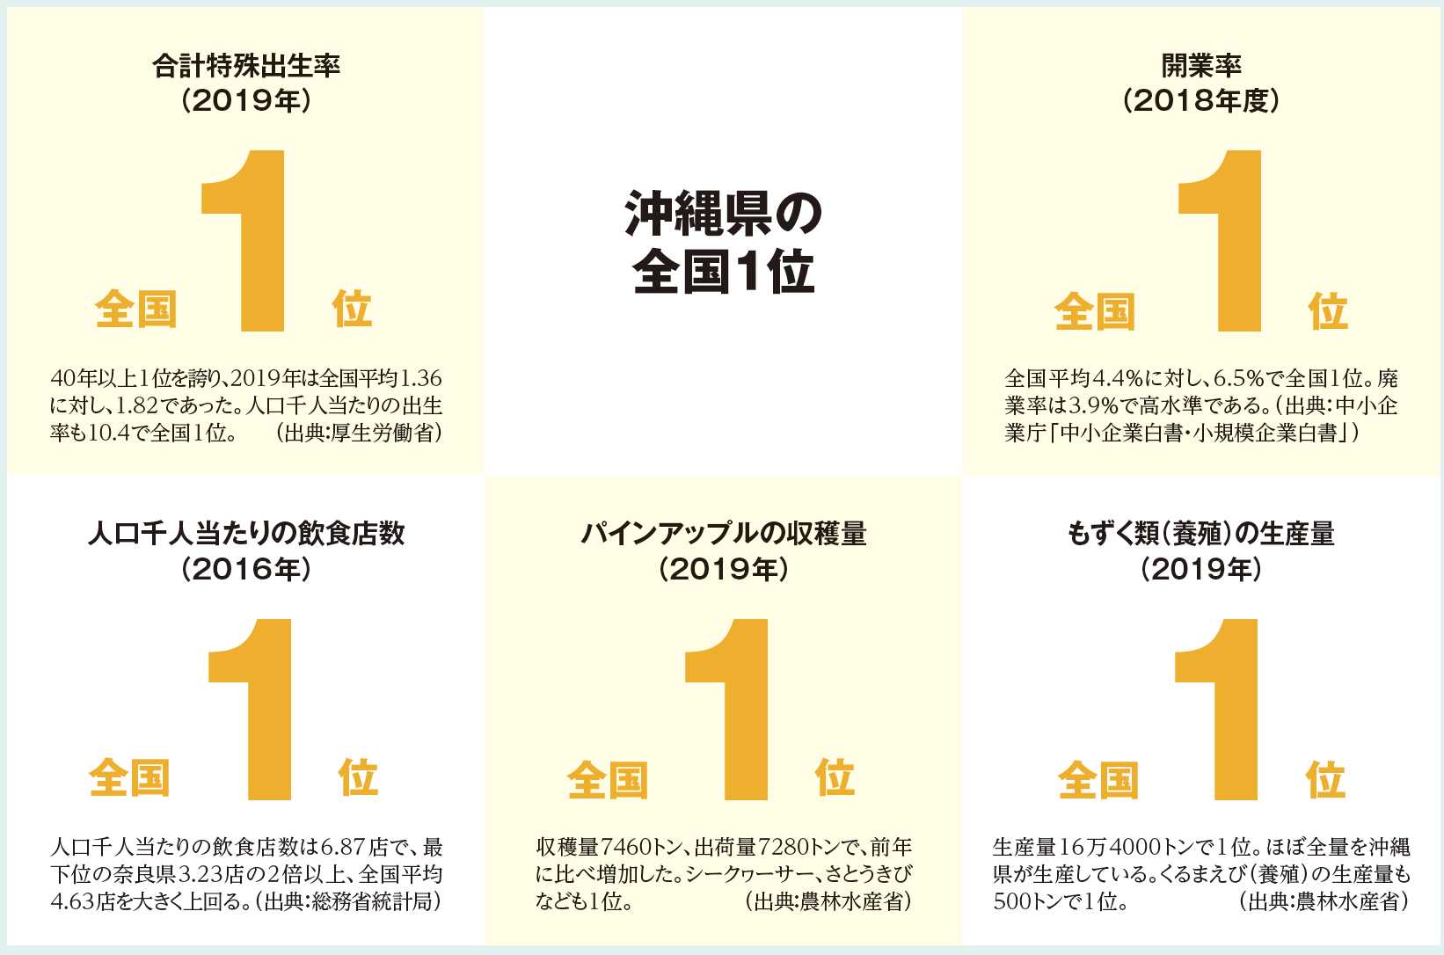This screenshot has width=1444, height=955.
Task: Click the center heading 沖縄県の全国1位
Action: pyautogui.click(x=723, y=242)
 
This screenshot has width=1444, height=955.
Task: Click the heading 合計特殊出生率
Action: pyautogui.click(x=246, y=66)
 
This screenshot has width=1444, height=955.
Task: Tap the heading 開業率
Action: pyautogui.click(x=1201, y=66)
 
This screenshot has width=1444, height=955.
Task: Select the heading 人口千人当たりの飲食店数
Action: pyautogui.click(x=246, y=534)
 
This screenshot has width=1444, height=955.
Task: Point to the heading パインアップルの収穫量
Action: pyautogui.click(x=723, y=534)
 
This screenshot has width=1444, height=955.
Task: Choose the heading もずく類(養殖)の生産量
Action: pyautogui.click(x=1201, y=534)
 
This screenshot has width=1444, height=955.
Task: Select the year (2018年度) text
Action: pyautogui.click(x=1201, y=101)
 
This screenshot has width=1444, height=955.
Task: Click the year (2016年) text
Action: pyautogui.click(x=246, y=570)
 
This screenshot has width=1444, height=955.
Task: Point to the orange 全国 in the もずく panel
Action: pyautogui.click(x=1098, y=780)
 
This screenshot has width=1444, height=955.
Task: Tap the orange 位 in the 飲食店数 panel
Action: pyautogui.click(x=358, y=777)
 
